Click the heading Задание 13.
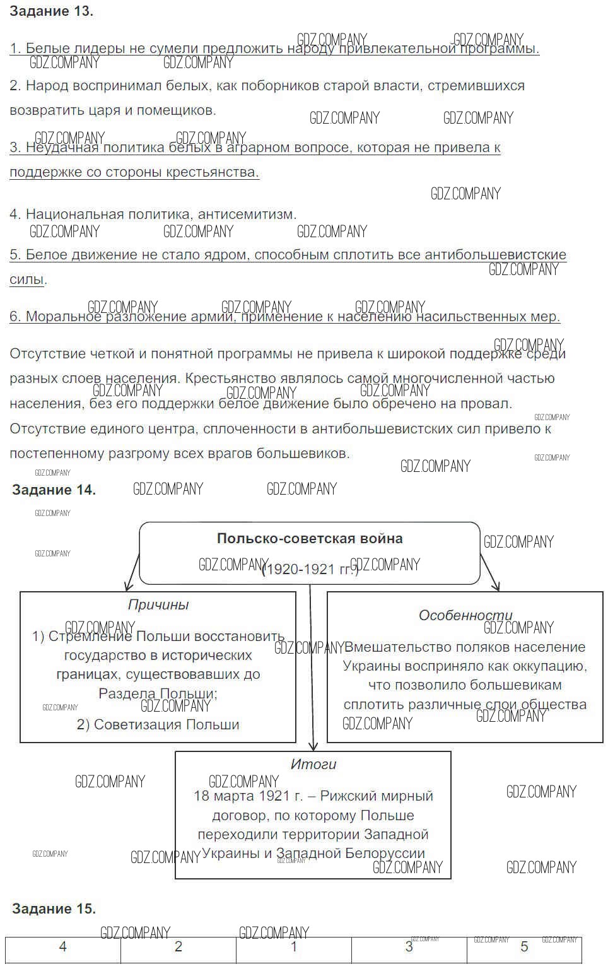[52, 11]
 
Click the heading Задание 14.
[54, 490]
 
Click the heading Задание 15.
[54, 909]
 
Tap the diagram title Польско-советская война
[310, 539]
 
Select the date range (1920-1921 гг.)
[310, 570]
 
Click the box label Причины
[158, 605]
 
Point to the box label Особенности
[465, 616]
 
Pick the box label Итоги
[313, 765]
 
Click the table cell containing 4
[62, 947]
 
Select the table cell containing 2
[178, 947]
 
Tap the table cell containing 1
[293, 947]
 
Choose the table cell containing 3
[409, 947]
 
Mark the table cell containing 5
[524, 947]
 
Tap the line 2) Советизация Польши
[158, 725]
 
